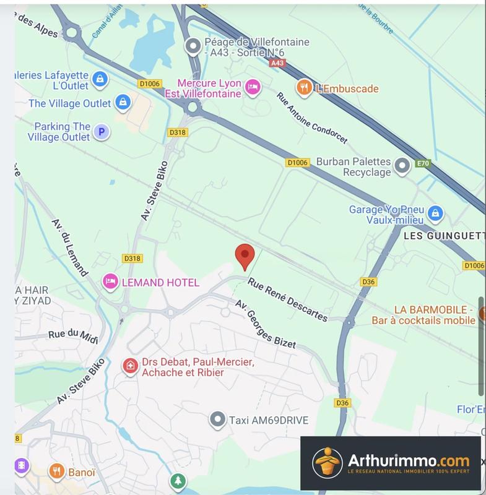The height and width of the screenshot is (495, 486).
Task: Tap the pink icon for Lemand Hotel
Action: (111, 282)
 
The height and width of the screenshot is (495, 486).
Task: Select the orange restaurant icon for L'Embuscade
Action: (303, 88)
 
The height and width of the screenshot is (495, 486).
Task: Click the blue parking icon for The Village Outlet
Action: (101, 131)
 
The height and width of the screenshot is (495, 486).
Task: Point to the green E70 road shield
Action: (423, 163)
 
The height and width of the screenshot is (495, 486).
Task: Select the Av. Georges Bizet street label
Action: (265, 324)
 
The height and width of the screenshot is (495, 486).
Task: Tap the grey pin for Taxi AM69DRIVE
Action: (217, 420)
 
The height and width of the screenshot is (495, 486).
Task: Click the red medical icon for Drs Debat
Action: (130, 366)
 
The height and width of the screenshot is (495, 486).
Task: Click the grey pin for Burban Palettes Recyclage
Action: (403, 165)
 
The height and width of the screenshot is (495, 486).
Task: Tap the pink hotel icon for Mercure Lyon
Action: (252, 88)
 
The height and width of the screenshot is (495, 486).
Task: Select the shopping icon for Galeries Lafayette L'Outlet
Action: (99, 79)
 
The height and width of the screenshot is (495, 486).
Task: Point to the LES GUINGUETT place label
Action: (443, 236)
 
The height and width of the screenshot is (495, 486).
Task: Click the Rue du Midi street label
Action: (74, 334)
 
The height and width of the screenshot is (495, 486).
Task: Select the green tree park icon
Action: (178, 481)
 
